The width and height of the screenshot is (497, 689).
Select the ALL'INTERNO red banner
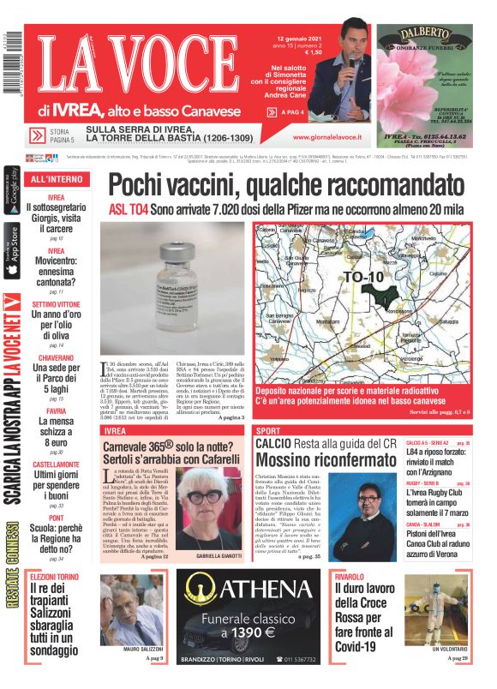[x=57, y=179]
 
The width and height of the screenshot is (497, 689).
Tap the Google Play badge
[x=12, y=194]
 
